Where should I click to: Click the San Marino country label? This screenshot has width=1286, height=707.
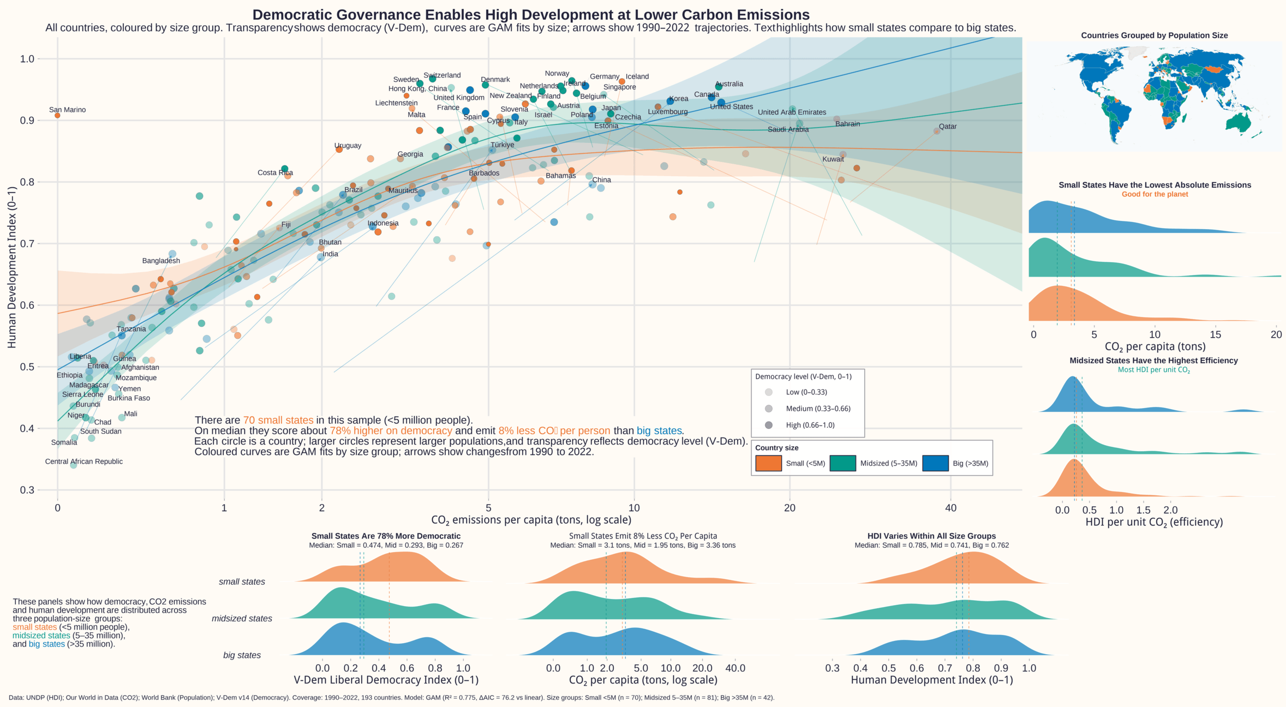(x=67, y=110)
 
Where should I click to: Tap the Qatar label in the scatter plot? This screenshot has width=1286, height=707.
(x=948, y=127)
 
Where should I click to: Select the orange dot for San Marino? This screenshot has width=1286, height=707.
(x=57, y=116)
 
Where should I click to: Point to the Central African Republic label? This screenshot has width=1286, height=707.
(x=83, y=462)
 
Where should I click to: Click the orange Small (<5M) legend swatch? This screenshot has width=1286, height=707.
(x=768, y=463)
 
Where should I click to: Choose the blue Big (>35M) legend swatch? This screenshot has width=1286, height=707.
(x=935, y=463)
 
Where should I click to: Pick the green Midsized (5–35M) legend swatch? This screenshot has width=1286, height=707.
(x=842, y=463)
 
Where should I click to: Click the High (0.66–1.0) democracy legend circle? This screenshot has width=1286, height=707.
(x=769, y=425)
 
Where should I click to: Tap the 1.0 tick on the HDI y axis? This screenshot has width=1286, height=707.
(x=27, y=59)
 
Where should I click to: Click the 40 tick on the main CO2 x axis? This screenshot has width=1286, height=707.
(x=950, y=508)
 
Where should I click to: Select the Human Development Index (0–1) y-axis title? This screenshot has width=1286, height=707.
(x=12, y=267)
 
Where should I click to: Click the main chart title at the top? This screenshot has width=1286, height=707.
(x=530, y=15)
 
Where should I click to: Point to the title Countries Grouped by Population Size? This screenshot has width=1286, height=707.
(x=1154, y=35)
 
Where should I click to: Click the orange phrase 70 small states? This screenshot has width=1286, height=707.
(x=278, y=420)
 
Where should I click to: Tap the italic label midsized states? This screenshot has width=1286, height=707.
(x=242, y=619)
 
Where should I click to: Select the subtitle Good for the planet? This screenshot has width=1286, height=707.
(x=1155, y=194)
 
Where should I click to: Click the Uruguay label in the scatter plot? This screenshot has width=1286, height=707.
(x=348, y=146)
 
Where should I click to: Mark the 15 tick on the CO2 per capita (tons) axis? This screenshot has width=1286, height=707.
(x=1215, y=334)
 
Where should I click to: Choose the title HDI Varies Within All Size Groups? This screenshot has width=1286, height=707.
(x=931, y=536)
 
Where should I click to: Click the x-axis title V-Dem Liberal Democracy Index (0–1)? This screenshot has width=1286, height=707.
(x=386, y=680)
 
